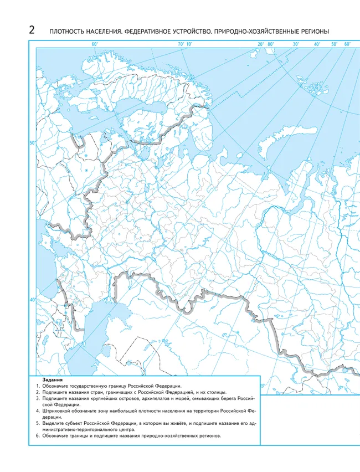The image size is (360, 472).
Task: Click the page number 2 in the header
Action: click(32, 30)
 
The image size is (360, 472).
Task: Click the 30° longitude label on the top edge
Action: click(296, 44)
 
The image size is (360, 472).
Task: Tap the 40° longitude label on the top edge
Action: click(317, 44)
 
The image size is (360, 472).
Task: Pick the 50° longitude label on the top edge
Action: click(334, 44)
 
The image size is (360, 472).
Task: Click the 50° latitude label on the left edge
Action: click(32, 143)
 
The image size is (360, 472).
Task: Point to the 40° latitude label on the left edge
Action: click(32, 300)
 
